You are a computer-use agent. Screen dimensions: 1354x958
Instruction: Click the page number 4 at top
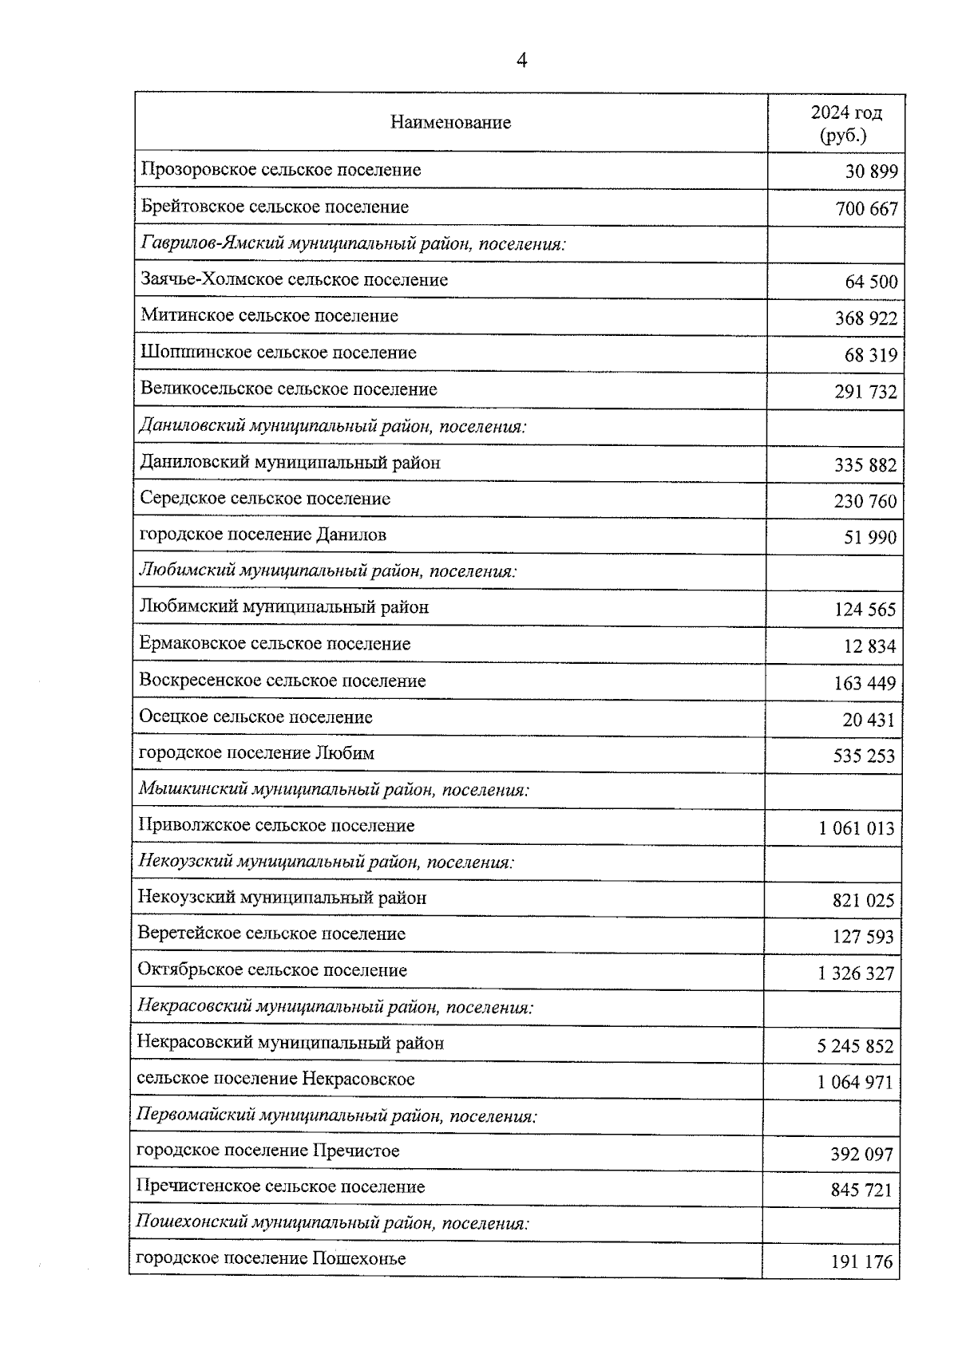click(522, 61)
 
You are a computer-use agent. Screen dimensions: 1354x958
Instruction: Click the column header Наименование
click(450, 122)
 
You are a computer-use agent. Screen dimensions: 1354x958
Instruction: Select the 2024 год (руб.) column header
click(845, 123)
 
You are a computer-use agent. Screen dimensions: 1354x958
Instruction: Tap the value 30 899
click(871, 172)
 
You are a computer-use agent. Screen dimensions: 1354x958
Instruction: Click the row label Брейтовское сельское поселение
click(275, 207)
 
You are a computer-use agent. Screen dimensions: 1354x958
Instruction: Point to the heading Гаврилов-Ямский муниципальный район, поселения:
click(353, 243)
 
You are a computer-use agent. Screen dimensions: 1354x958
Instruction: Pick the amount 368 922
click(866, 318)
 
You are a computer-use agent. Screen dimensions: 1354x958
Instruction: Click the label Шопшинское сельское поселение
click(279, 353)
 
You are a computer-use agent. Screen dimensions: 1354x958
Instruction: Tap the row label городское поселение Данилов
click(263, 535)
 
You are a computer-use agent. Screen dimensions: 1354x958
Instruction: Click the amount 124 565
click(865, 610)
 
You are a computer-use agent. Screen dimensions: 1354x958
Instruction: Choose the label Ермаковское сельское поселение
click(275, 644)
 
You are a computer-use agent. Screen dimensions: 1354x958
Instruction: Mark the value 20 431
click(869, 720)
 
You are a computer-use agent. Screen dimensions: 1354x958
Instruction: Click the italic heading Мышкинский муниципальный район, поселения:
click(334, 790)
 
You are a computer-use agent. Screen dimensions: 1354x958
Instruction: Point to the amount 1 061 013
click(856, 828)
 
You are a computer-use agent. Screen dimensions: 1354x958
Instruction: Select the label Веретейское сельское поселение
click(271, 934)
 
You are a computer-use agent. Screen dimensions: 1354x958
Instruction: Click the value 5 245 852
click(855, 1046)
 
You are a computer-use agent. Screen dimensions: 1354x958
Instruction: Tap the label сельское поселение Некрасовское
click(275, 1080)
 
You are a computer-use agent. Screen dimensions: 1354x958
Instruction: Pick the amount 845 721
click(861, 1190)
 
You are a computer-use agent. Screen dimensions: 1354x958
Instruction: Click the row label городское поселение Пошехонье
click(271, 1259)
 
